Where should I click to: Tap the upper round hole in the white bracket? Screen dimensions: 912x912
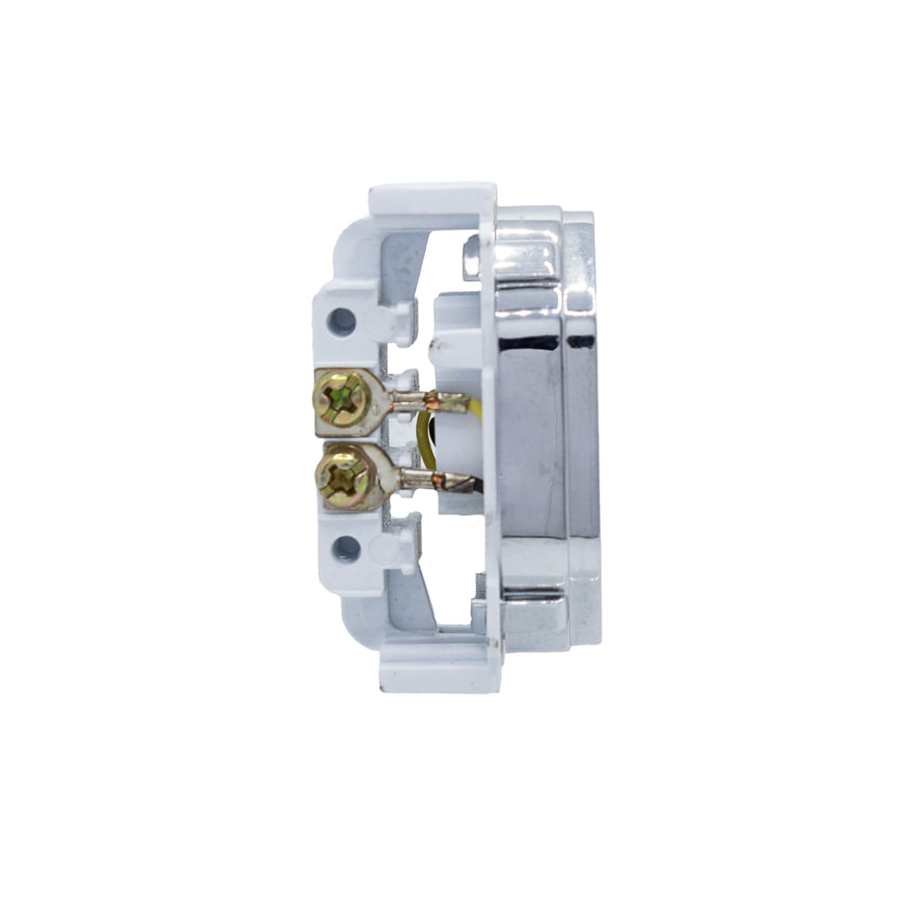(342, 320)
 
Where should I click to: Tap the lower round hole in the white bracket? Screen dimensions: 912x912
(346, 548)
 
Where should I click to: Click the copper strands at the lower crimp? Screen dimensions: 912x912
(439, 478)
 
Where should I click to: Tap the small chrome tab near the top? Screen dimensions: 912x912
(471, 258)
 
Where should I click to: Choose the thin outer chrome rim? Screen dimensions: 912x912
(583, 429)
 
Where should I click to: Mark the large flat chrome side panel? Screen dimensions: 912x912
(530, 438)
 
